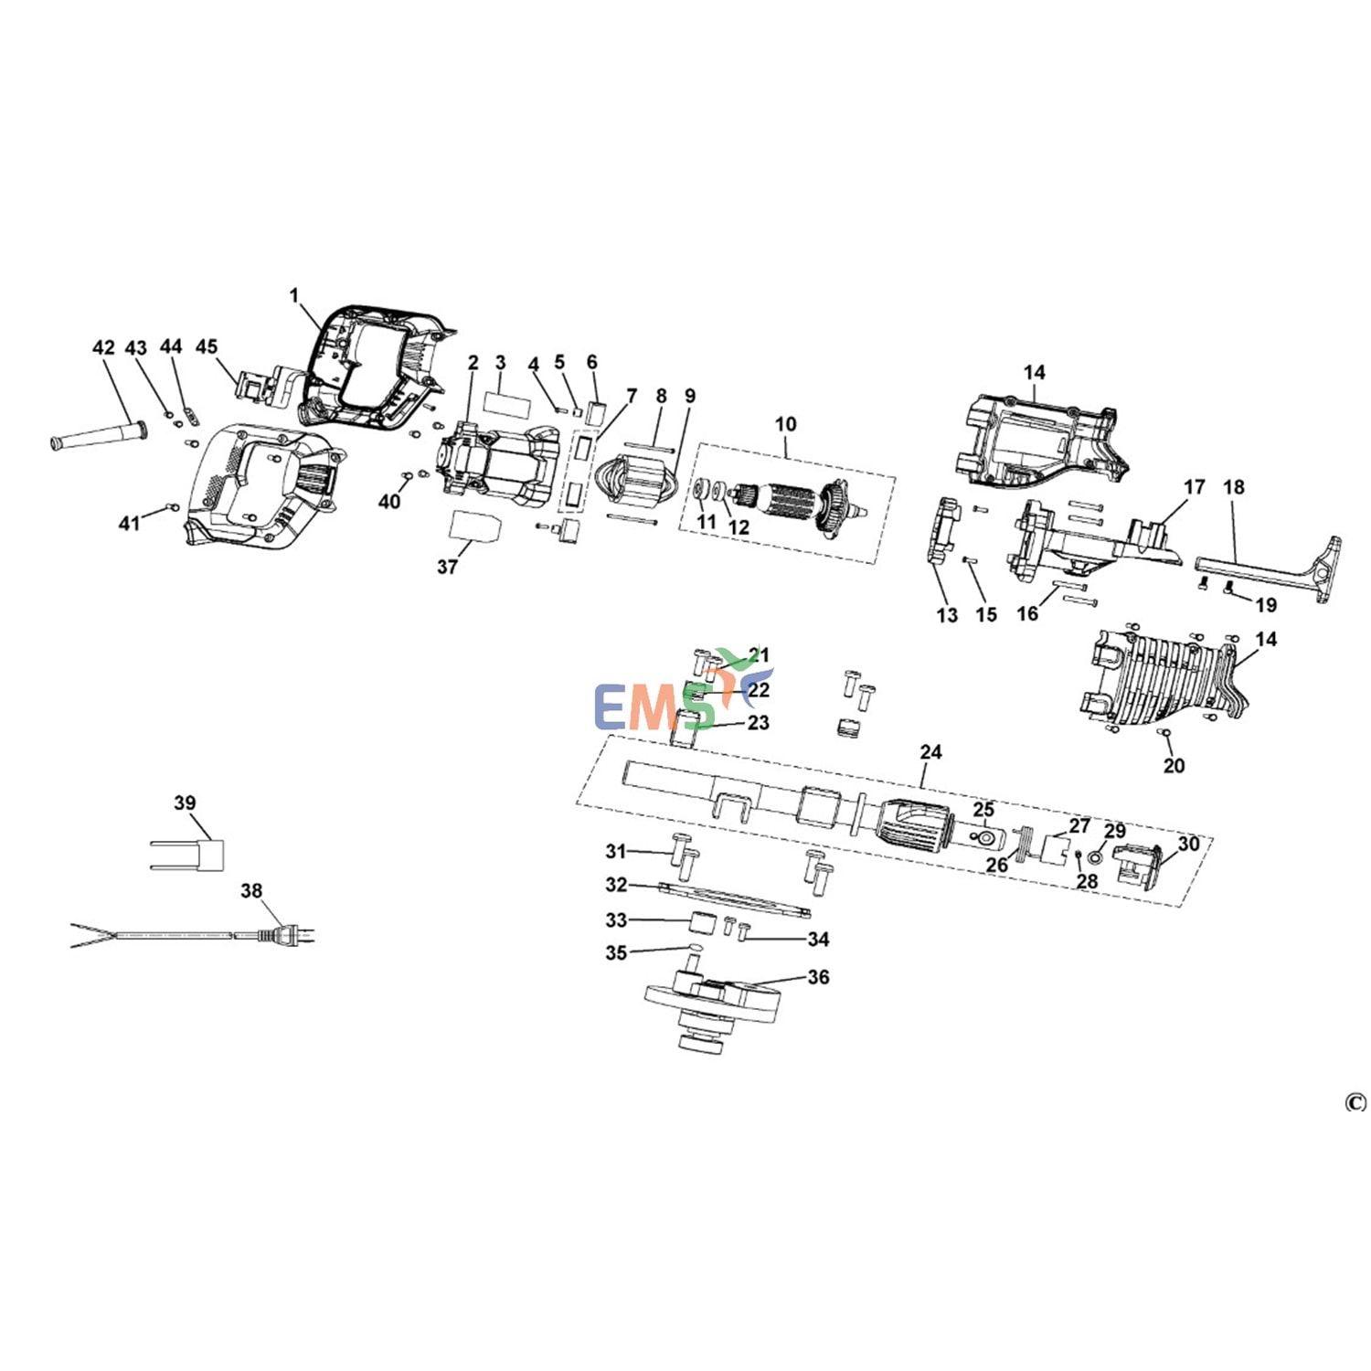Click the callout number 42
coord(103,348)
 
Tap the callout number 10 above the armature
coord(786,424)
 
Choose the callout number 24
coord(930,752)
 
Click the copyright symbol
coord(1355,1103)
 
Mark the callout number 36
coord(818,977)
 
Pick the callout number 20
coord(1174,766)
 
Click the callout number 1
coord(293,296)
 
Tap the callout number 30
coord(1188,844)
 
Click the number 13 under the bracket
coord(947,616)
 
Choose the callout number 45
coord(207,347)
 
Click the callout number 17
coord(1195,487)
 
